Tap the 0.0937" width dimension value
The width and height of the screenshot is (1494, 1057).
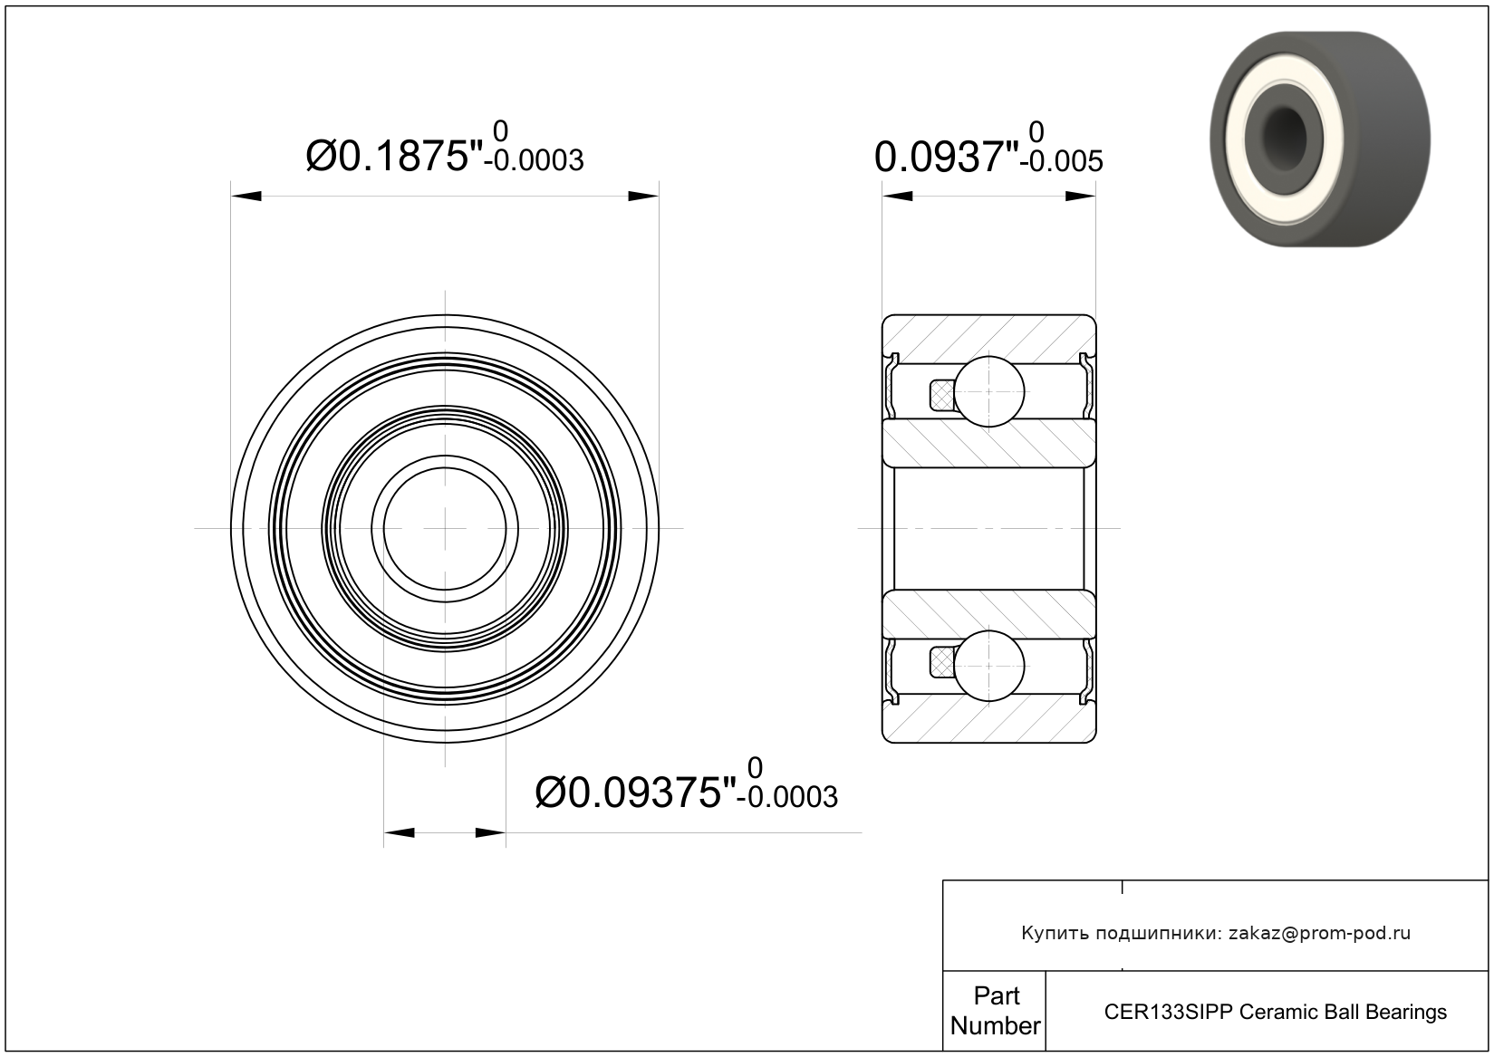pos(947,158)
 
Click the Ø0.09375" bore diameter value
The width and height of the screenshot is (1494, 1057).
pos(635,793)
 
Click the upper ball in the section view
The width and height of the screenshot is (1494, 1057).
pos(989,391)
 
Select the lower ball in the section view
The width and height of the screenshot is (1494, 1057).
pos(989,666)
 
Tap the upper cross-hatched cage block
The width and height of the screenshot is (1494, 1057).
pos(942,395)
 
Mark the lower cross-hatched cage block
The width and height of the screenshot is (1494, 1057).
pos(942,663)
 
